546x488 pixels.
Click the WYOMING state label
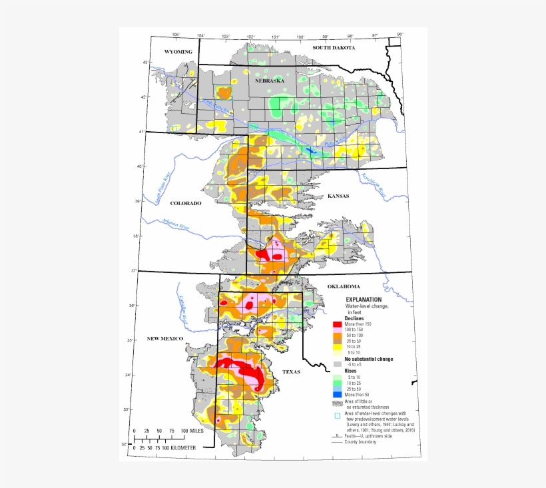tap(178, 52)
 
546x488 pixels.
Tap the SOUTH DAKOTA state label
tap(334, 48)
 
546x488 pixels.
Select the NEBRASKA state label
tap(270, 81)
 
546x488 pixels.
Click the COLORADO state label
tap(185, 203)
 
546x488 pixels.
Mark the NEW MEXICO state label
tap(165, 339)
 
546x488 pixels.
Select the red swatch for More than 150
tap(337, 324)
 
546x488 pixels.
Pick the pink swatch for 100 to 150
tap(337, 330)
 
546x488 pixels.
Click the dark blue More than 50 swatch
tap(337, 395)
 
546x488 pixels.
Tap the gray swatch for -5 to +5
tap(337, 364)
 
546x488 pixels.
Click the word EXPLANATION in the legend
tap(364, 300)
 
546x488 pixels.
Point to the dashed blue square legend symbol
tap(337, 416)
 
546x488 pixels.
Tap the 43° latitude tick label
tap(143, 63)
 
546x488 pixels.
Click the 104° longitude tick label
tap(200, 35)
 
